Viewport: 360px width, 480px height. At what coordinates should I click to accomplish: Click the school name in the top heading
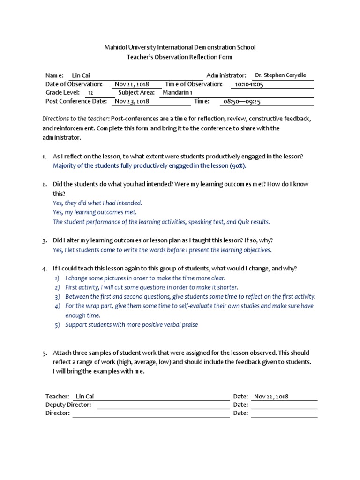click(x=180, y=47)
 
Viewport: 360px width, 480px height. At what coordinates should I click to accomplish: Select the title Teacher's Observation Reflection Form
click(x=180, y=57)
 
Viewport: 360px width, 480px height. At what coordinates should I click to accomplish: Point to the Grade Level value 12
click(x=90, y=93)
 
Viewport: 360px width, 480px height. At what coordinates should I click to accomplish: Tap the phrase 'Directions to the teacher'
click(x=75, y=119)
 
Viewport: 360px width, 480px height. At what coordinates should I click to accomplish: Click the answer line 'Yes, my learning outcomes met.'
click(x=95, y=212)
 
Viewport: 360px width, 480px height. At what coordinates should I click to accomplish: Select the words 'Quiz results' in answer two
click(x=254, y=222)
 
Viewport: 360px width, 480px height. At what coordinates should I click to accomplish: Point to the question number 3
click(x=44, y=240)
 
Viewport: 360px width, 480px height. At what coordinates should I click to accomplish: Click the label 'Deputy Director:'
click(x=68, y=405)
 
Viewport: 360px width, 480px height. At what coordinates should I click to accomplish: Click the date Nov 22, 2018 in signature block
click(x=271, y=396)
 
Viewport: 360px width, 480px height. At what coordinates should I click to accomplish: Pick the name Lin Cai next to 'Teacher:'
click(x=85, y=396)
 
